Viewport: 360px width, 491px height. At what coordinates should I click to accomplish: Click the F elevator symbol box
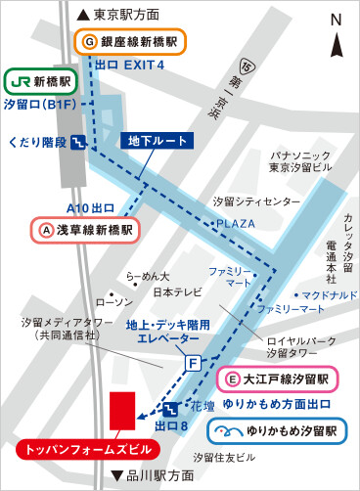(x=194, y=363)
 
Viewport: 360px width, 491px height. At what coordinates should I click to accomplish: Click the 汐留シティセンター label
(x=257, y=202)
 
